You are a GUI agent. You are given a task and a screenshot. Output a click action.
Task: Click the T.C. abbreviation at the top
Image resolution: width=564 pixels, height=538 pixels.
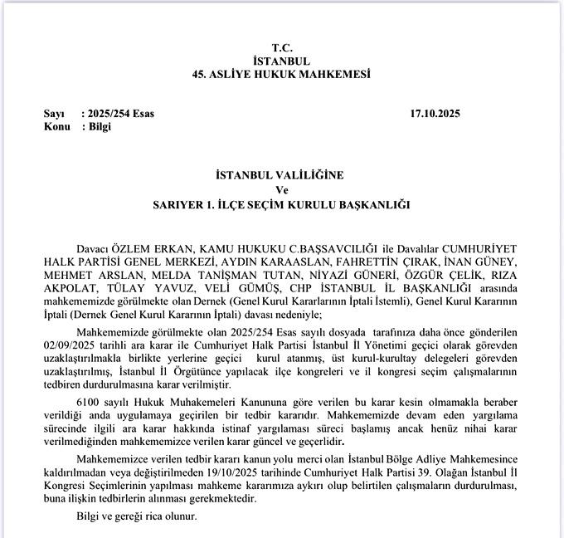(282, 48)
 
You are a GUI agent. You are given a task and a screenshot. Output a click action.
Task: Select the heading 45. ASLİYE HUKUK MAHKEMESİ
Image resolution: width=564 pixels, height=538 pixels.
(281, 75)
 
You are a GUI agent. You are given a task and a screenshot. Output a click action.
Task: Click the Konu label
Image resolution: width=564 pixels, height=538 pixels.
(57, 127)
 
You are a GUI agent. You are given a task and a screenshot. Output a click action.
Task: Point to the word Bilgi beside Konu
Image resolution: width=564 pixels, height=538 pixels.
(100, 127)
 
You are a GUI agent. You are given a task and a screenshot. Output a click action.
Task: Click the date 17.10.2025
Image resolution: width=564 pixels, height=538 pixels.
(435, 114)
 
